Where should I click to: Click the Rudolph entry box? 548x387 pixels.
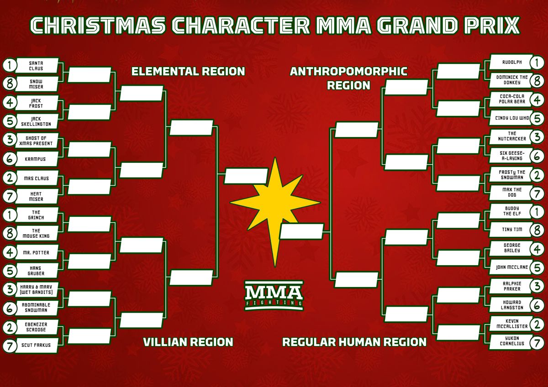tap(511, 62)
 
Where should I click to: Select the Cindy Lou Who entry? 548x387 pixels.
tap(511, 118)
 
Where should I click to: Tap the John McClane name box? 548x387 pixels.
tap(511, 267)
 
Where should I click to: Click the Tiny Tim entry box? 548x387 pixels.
tap(511, 230)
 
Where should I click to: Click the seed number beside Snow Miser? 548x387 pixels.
tap(10, 84)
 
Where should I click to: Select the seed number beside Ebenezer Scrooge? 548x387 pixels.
tap(10, 327)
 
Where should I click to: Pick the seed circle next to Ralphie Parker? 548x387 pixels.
tap(537, 286)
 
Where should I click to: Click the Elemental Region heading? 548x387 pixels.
tap(188, 72)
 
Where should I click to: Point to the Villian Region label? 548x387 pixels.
tap(188, 342)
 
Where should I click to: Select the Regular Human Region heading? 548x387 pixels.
tap(354, 342)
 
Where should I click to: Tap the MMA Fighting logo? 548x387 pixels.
tap(274, 295)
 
